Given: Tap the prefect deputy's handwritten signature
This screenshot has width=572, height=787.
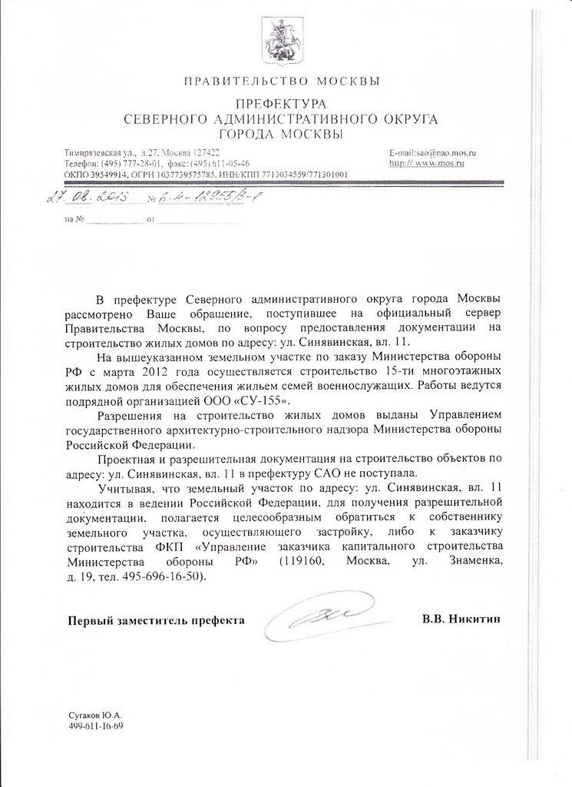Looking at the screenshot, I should [325, 616].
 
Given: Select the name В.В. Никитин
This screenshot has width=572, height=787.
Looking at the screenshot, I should [465, 619].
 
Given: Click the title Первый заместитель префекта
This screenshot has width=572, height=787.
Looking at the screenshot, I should [156, 619].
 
